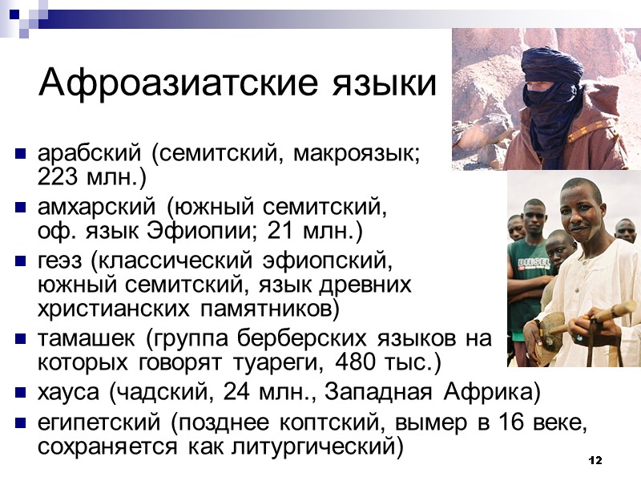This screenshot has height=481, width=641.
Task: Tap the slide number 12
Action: [x=595, y=461]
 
